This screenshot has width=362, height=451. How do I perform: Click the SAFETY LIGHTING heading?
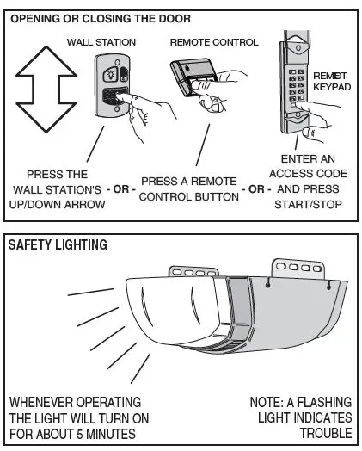click(x=58, y=244)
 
